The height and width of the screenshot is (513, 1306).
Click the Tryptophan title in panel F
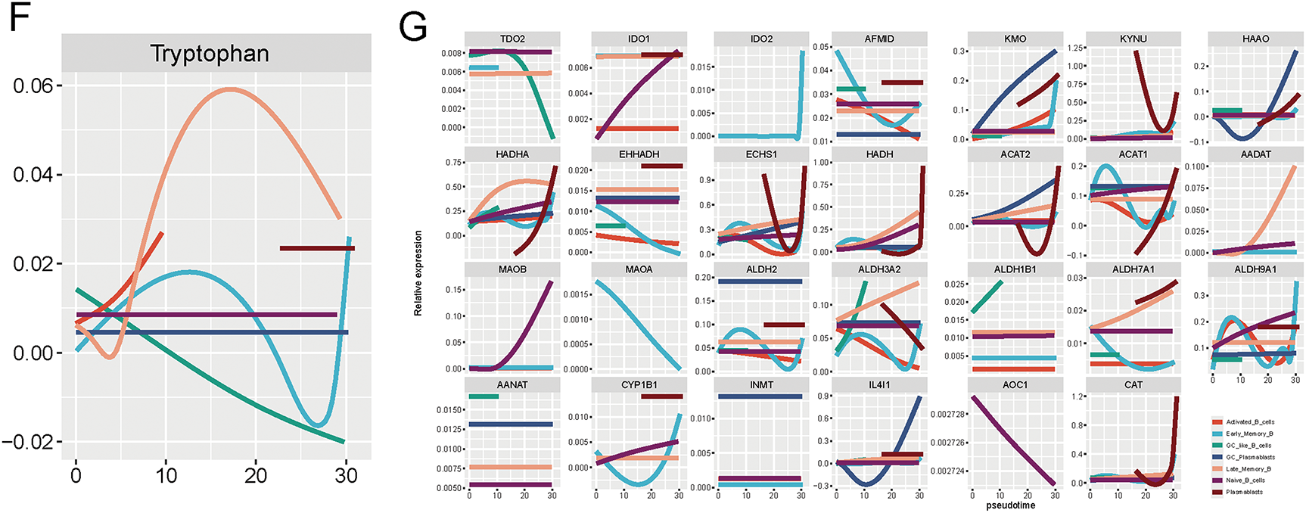tap(210, 54)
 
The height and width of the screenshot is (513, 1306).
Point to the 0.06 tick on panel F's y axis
tap(33, 85)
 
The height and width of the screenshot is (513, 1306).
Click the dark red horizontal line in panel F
tap(317, 248)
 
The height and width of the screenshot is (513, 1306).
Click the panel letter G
tap(413, 29)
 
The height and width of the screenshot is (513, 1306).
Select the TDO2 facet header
tap(512, 39)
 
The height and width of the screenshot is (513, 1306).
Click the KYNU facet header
tap(1133, 39)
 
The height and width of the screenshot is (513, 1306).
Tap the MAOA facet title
tap(639, 269)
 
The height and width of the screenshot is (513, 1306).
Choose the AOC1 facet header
tap(1015, 385)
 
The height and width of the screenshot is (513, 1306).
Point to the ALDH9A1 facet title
tap(1255, 269)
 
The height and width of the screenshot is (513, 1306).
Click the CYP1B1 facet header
tap(639, 385)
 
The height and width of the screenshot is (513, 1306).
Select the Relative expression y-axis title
tap(418, 273)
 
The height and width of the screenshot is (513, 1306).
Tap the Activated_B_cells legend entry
tap(1250, 422)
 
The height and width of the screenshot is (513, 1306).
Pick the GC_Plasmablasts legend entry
tap(1250, 457)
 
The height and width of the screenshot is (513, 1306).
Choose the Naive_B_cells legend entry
tap(1248, 480)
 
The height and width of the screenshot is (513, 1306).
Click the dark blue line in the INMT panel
tap(760, 396)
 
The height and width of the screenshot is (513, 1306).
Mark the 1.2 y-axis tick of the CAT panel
tap(1079, 396)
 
